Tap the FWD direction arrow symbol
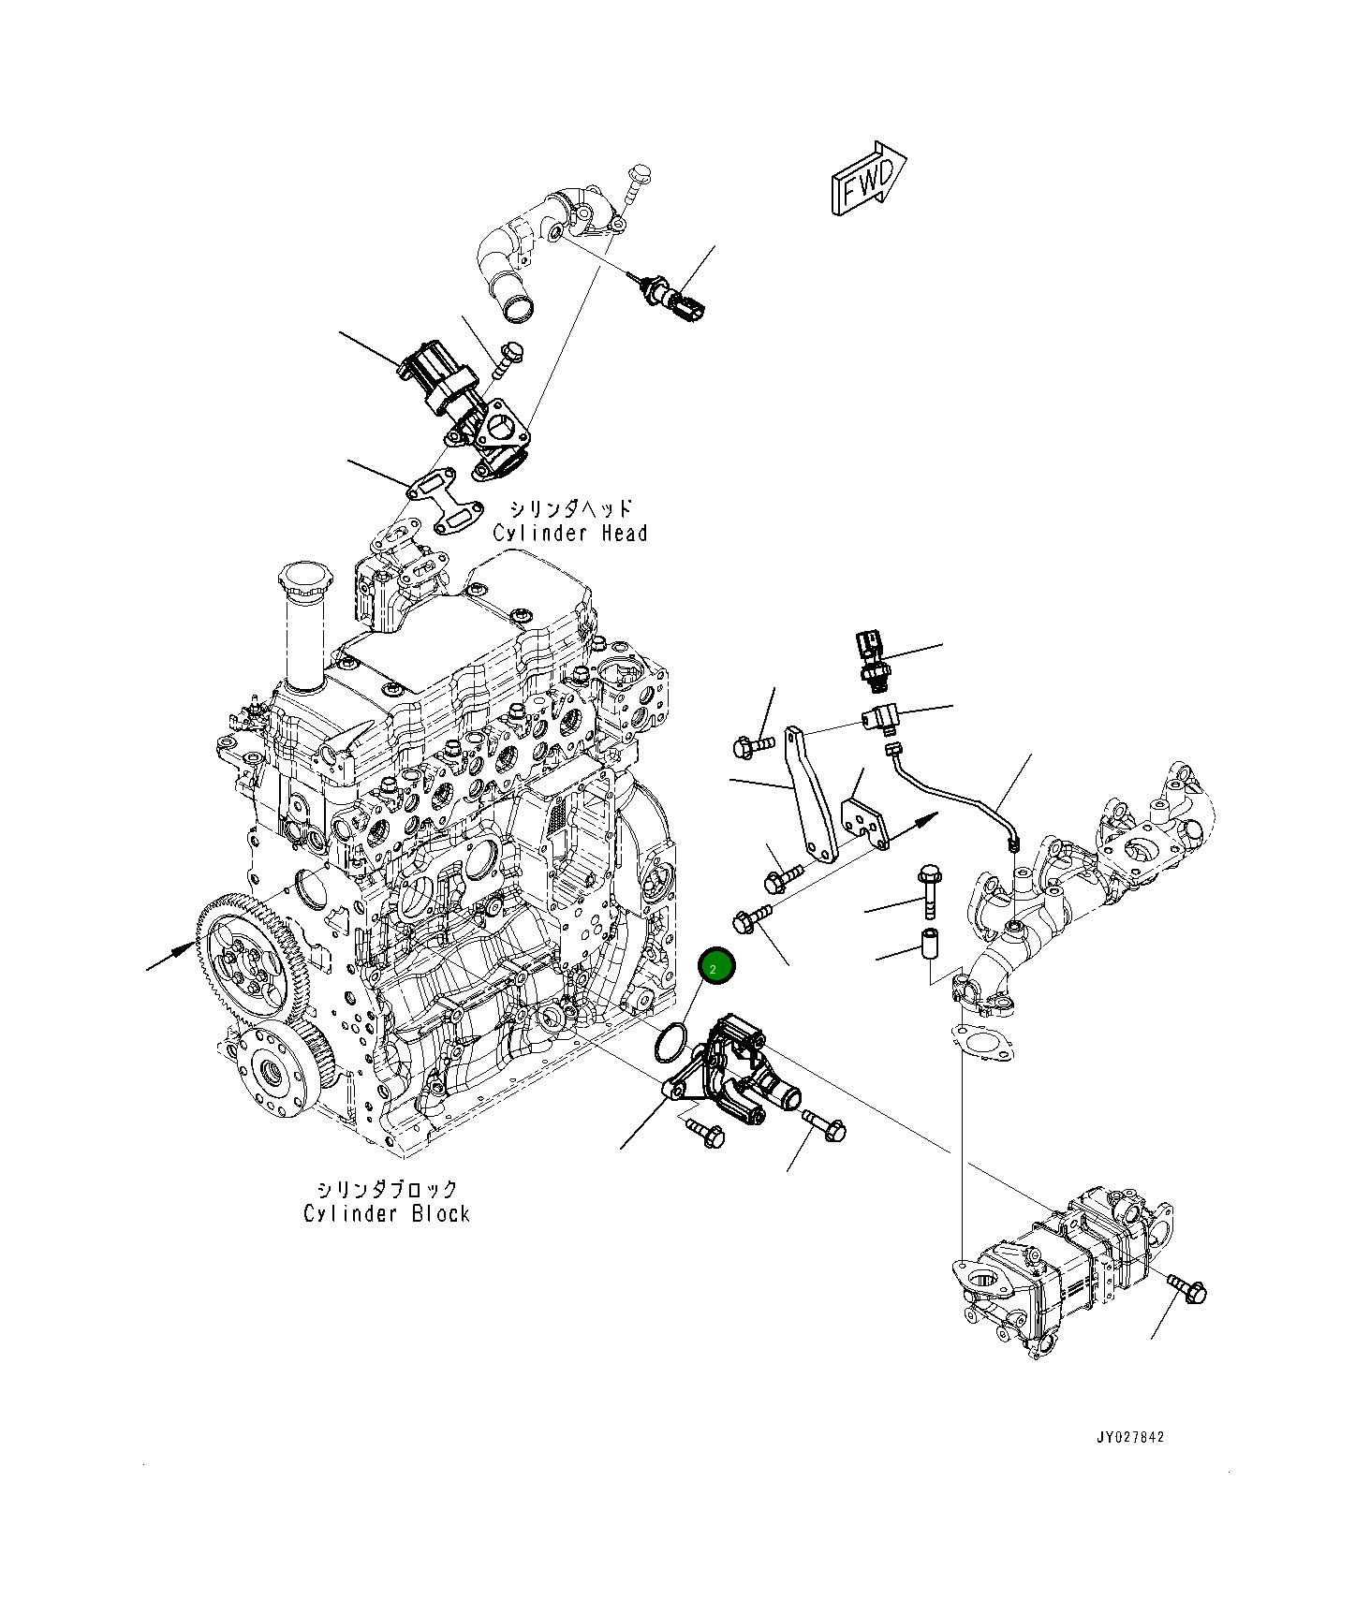867,181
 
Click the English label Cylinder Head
569,534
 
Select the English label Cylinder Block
386,1214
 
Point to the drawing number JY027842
1130,1436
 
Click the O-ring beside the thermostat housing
671,1042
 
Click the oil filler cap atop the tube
303,580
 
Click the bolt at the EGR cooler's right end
1187,1289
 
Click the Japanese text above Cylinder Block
386,1189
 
